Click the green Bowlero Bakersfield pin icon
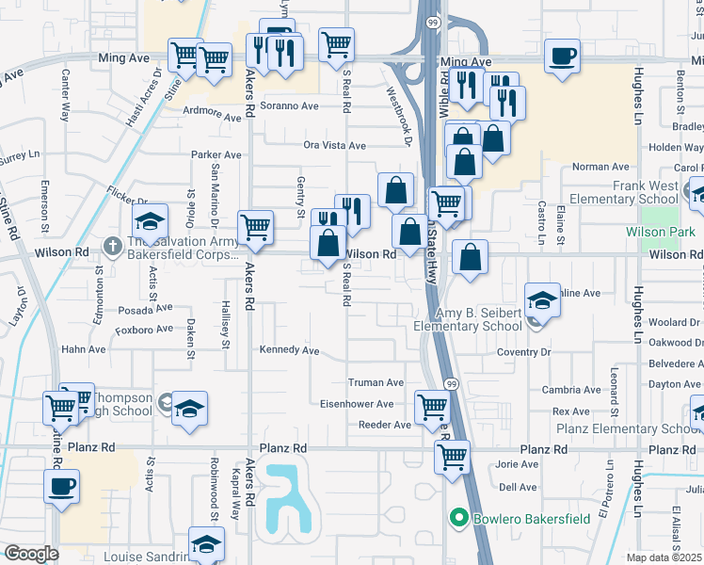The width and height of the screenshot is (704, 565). [459, 518]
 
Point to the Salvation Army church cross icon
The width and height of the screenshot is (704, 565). [112, 245]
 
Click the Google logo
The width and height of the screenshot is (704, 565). [31, 554]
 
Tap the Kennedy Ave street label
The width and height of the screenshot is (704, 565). [290, 350]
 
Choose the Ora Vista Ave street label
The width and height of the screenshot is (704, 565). [334, 145]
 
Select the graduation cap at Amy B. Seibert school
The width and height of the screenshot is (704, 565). [542, 300]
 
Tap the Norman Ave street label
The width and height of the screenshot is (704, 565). [600, 167]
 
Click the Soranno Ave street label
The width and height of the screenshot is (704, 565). [290, 105]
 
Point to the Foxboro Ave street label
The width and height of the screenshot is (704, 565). [143, 329]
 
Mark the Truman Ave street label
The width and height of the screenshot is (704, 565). [376, 382]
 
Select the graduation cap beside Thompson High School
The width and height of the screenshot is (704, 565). [190, 410]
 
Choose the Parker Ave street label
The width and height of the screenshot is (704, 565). [216, 154]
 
